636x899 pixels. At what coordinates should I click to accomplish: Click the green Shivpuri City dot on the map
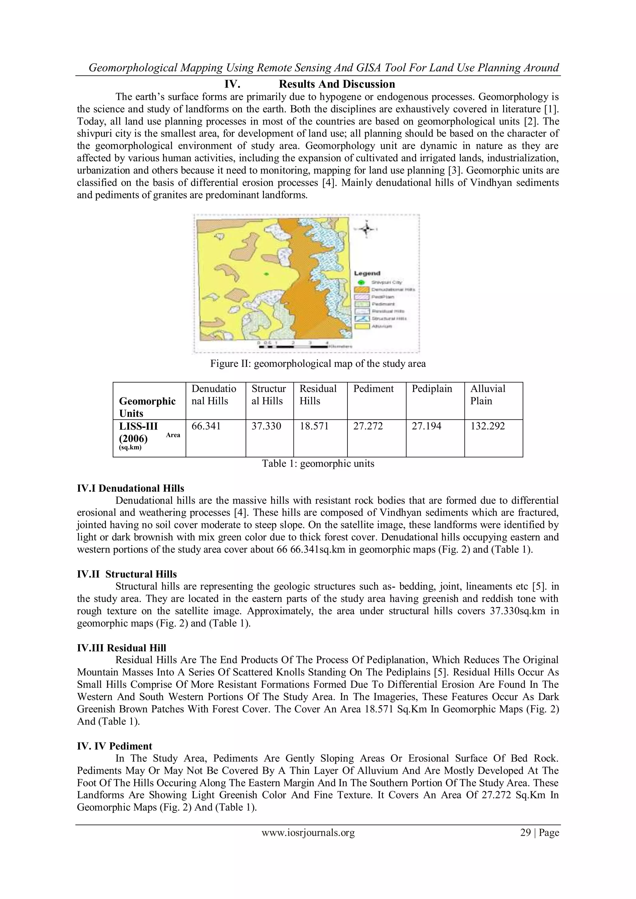coord(267,274)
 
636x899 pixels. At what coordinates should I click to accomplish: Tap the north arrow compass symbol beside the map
coord(366,229)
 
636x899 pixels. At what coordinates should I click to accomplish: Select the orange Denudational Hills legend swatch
coord(362,289)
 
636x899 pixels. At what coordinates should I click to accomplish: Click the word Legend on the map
coord(367,273)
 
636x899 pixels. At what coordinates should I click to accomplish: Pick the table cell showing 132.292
coord(488,427)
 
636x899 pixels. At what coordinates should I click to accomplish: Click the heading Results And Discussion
coord(337,84)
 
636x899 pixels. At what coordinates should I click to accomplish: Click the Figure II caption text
coord(318,364)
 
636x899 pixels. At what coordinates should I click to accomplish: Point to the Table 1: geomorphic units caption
coord(318,463)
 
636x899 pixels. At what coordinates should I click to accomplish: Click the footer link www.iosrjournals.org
coord(308,833)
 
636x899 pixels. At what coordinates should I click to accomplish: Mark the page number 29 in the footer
coord(525,833)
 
